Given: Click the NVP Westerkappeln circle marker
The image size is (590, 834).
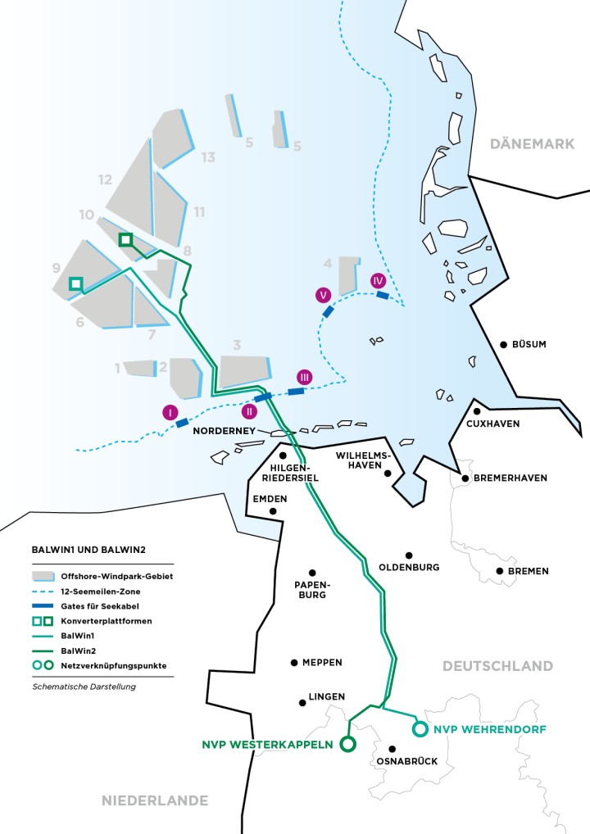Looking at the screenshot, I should pos(347,744).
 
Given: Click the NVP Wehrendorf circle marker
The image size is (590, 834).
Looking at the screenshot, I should pos(420,728).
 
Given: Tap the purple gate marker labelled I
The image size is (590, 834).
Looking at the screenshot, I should pos(170,412).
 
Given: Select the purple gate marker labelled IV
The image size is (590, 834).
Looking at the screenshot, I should pos(378,280).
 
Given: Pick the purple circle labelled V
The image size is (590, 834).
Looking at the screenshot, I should pos(324,295).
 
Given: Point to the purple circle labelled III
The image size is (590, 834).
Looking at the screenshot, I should pos(304,377).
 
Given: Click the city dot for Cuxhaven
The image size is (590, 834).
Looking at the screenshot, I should pos(476,411).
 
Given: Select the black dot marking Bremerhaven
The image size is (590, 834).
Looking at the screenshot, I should pos(465,478).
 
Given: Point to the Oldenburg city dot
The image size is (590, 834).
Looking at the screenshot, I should pos(408,555).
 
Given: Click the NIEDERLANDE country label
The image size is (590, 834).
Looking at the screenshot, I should pos(155,800).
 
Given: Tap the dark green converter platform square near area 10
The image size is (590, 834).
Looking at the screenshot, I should pos(125,239).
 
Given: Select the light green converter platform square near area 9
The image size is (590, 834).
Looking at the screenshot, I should pos(75,283).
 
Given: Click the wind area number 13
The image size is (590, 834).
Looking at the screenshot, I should pos(208,157).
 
